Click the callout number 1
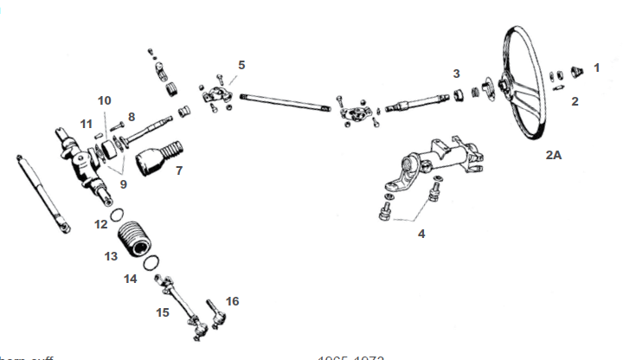tap(595, 67)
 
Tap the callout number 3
tap(456, 73)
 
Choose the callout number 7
tap(178, 170)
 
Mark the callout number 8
tap(131, 116)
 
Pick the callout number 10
tap(104, 100)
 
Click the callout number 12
tap(101, 224)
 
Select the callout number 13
tap(111, 256)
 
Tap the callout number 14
tap(130, 279)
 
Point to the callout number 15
tap(163, 312)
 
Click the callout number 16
tap(231, 301)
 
